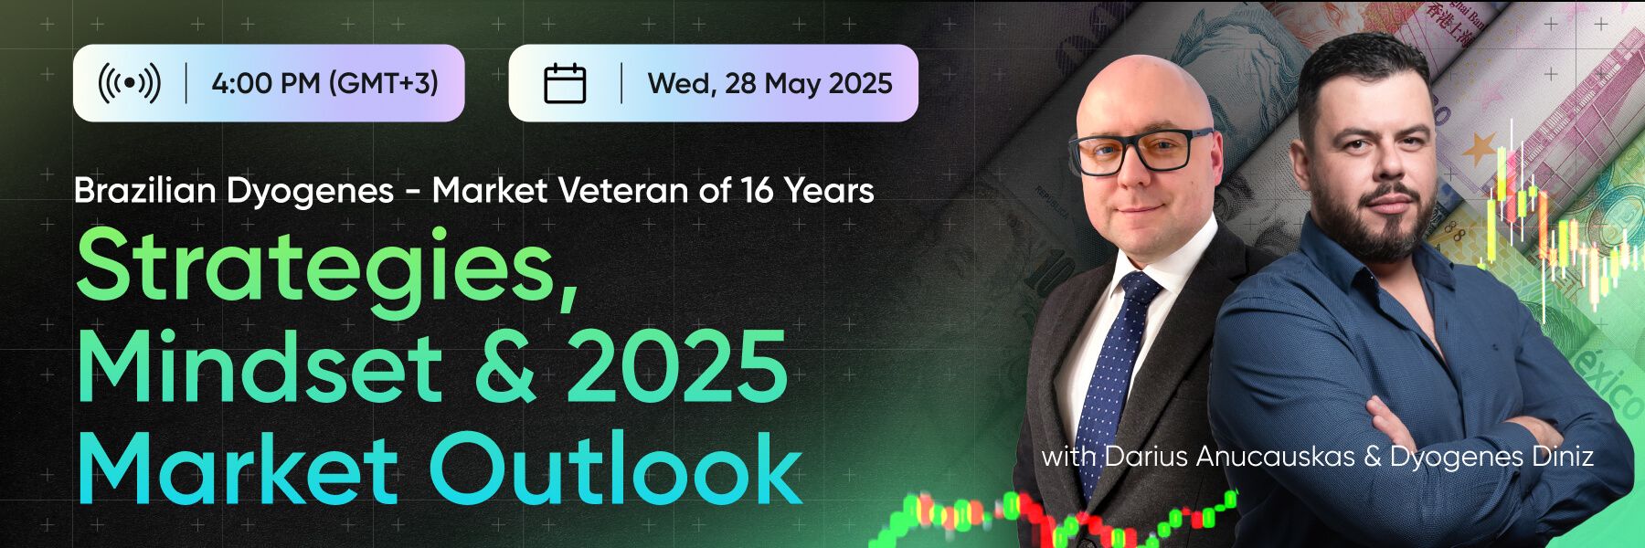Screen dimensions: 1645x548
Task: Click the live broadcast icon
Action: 130,83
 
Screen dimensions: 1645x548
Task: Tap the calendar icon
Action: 565,83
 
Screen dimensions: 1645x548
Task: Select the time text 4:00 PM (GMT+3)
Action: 324,83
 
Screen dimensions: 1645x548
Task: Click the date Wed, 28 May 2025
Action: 769,83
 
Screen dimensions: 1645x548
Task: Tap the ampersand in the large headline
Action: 505,367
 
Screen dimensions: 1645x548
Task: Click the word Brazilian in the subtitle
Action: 144,190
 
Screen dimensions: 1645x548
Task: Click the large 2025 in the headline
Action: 677,367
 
